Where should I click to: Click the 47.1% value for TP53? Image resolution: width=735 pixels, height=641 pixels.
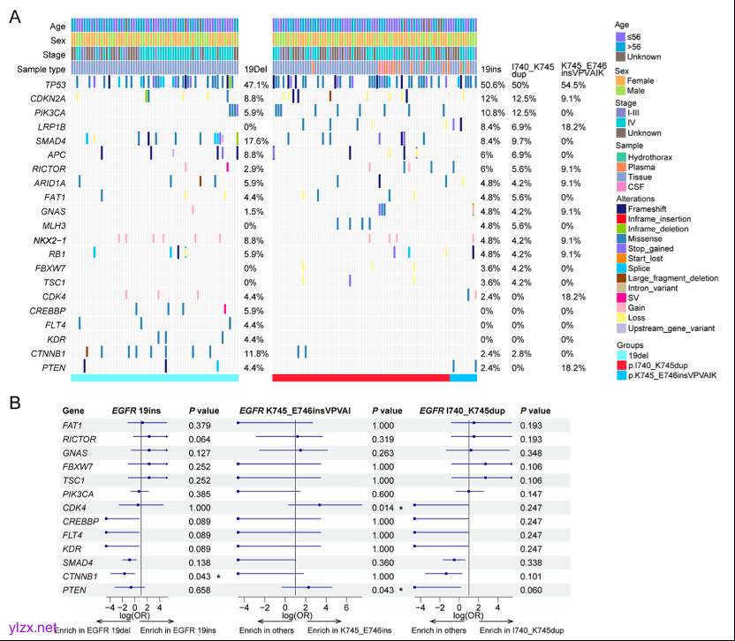click(x=255, y=85)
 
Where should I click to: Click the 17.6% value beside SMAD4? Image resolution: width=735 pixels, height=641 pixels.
click(x=255, y=141)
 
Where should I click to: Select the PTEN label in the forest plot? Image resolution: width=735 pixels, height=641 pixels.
click(x=73, y=588)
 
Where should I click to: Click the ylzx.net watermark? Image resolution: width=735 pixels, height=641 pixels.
click(x=34, y=628)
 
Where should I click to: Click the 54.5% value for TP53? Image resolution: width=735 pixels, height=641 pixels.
click(x=572, y=85)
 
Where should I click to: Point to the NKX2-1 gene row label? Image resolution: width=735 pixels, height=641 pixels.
click(x=49, y=239)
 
